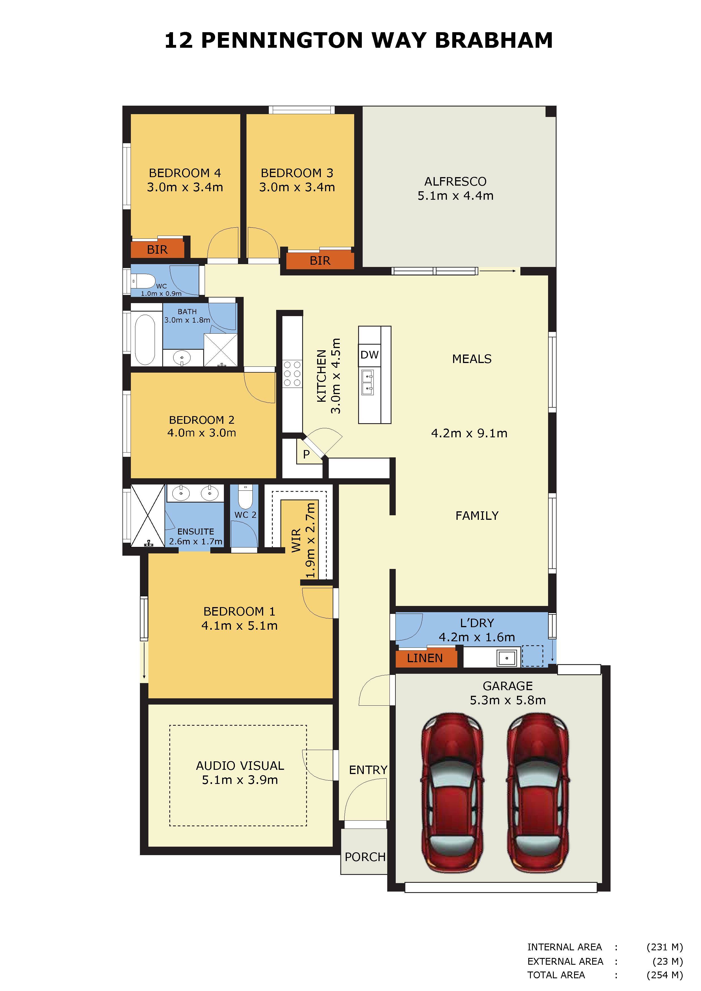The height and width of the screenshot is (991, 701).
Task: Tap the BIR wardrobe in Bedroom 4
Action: coord(157,249)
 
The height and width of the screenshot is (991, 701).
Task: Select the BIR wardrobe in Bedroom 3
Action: coord(320,260)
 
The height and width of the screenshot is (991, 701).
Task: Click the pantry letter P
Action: coord(306,454)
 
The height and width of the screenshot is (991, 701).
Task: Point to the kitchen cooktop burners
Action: coord(292,374)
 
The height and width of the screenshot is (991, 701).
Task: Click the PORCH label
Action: coord(365,857)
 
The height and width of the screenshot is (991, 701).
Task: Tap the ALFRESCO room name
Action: coord(455,181)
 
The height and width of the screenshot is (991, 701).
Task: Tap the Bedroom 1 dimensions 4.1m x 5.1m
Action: coord(239,625)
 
